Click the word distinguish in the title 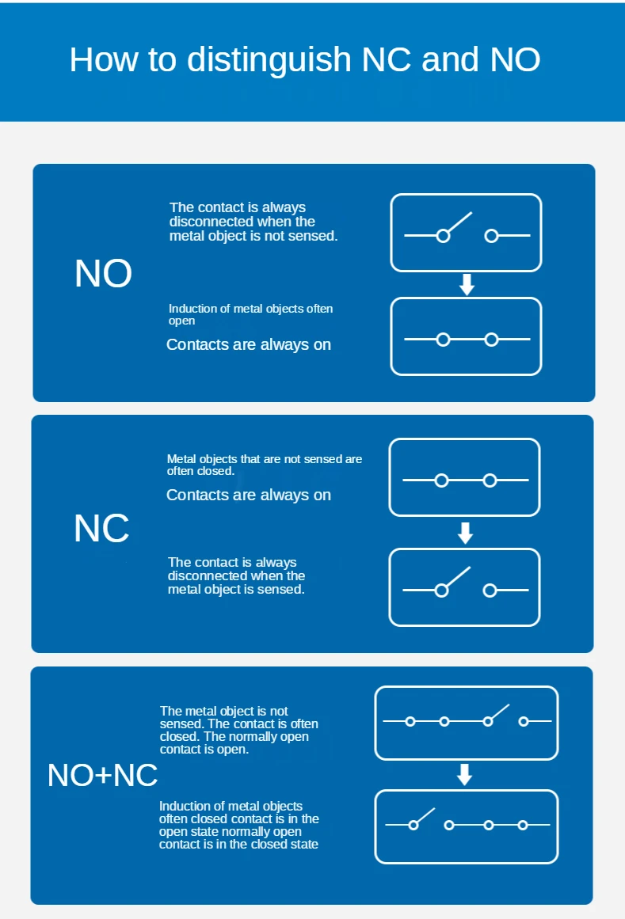point(269,60)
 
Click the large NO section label point(103,274)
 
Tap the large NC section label point(101,528)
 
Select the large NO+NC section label point(103,775)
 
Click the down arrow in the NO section point(467,285)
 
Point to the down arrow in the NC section point(465,533)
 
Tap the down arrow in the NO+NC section point(465,774)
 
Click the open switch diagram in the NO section point(466,233)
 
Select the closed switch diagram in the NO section point(466,336)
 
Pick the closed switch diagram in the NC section point(464,477)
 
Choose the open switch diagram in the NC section point(464,587)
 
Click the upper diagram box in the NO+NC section point(466,722)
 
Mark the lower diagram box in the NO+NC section point(466,826)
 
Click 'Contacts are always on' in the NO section point(249,344)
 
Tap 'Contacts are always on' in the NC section point(249,495)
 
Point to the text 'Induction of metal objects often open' point(250,314)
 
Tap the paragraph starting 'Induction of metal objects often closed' point(238,825)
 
